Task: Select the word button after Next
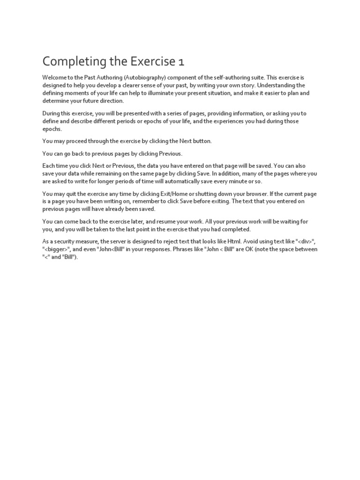202,141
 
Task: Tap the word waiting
287,221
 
